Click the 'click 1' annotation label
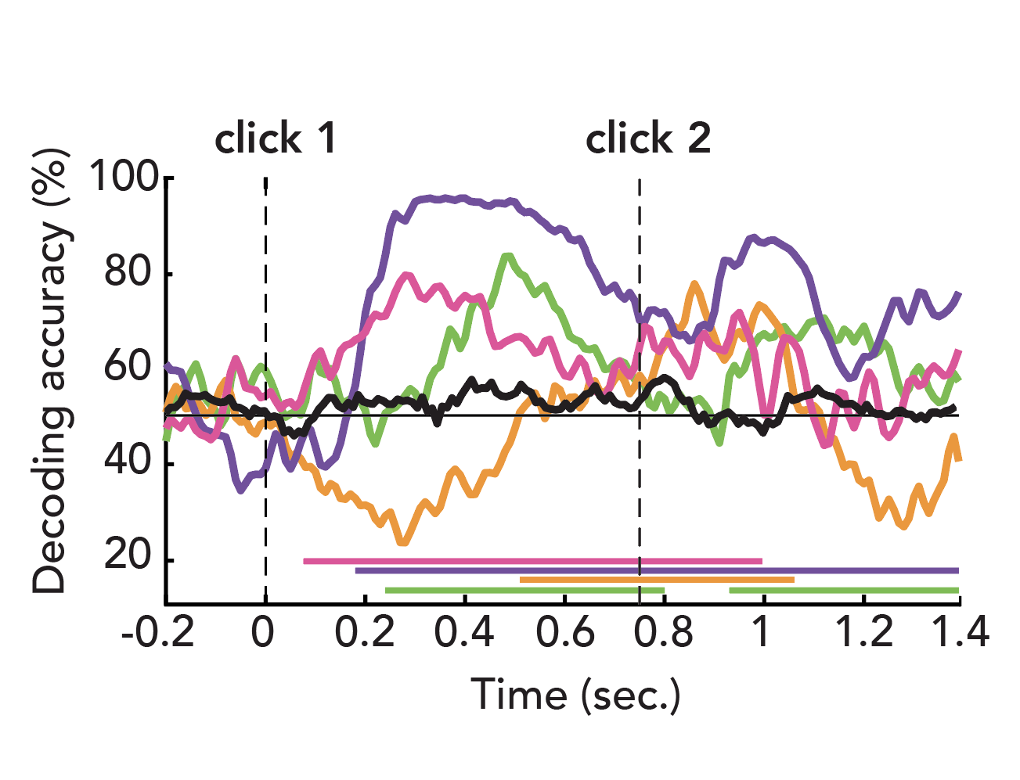click(276, 139)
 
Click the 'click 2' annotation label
click(648, 139)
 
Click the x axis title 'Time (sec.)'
click(575, 695)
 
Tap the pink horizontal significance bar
click(532, 561)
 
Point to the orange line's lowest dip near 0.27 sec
click(402, 541)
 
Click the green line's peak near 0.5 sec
click(507, 256)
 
